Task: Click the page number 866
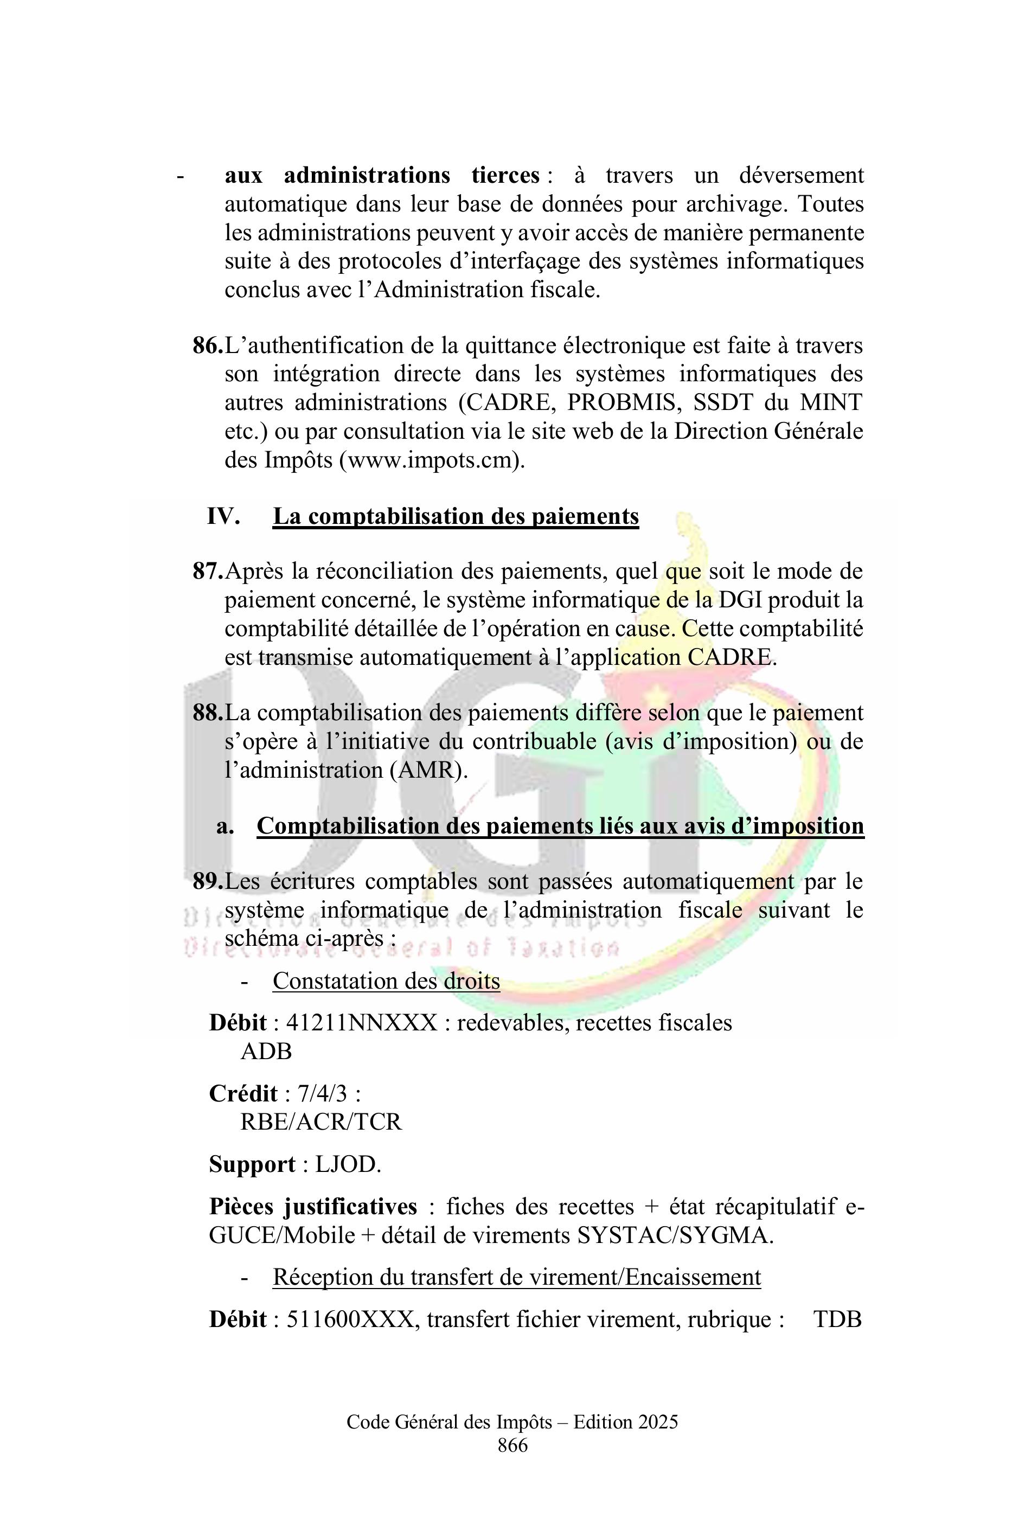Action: [512, 1446]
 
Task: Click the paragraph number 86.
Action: [207, 346]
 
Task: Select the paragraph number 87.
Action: [207, 571]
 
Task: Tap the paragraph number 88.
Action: [207, 713]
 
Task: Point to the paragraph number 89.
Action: [207, 881]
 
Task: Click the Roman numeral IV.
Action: [223, 516]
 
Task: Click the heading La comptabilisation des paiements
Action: [455, 516]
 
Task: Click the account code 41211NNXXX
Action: [362, 1023]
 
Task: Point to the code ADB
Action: [266, 1051]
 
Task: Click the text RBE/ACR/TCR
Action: [321, 1122]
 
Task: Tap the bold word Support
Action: [252, 1165]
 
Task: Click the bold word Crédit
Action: [243, 1093]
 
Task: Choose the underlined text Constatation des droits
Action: [386, 981]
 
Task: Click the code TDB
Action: [837, 1319]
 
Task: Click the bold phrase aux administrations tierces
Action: [382, 176]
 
